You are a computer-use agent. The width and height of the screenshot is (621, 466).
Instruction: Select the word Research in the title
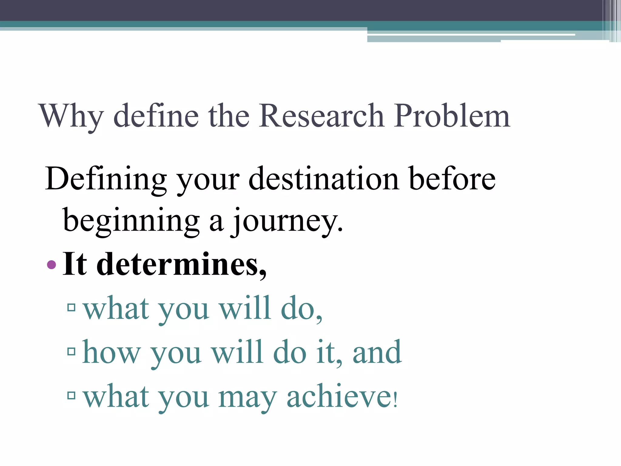pos(321,116)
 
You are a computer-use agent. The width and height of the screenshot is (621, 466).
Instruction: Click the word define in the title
pos(156,116)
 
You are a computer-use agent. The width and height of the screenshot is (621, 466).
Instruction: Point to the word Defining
pos(106,180)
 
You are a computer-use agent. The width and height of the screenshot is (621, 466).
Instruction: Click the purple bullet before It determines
pos(52,265)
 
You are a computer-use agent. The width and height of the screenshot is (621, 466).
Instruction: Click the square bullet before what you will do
pos(72,308)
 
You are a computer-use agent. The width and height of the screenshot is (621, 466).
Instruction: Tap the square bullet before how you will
pos(72,352)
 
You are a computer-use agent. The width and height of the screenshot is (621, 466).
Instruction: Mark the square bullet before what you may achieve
pos(72,395)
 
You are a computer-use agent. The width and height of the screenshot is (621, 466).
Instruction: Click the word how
pos(111,353)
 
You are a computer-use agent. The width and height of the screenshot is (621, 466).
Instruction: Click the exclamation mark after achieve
pos(395,399)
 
